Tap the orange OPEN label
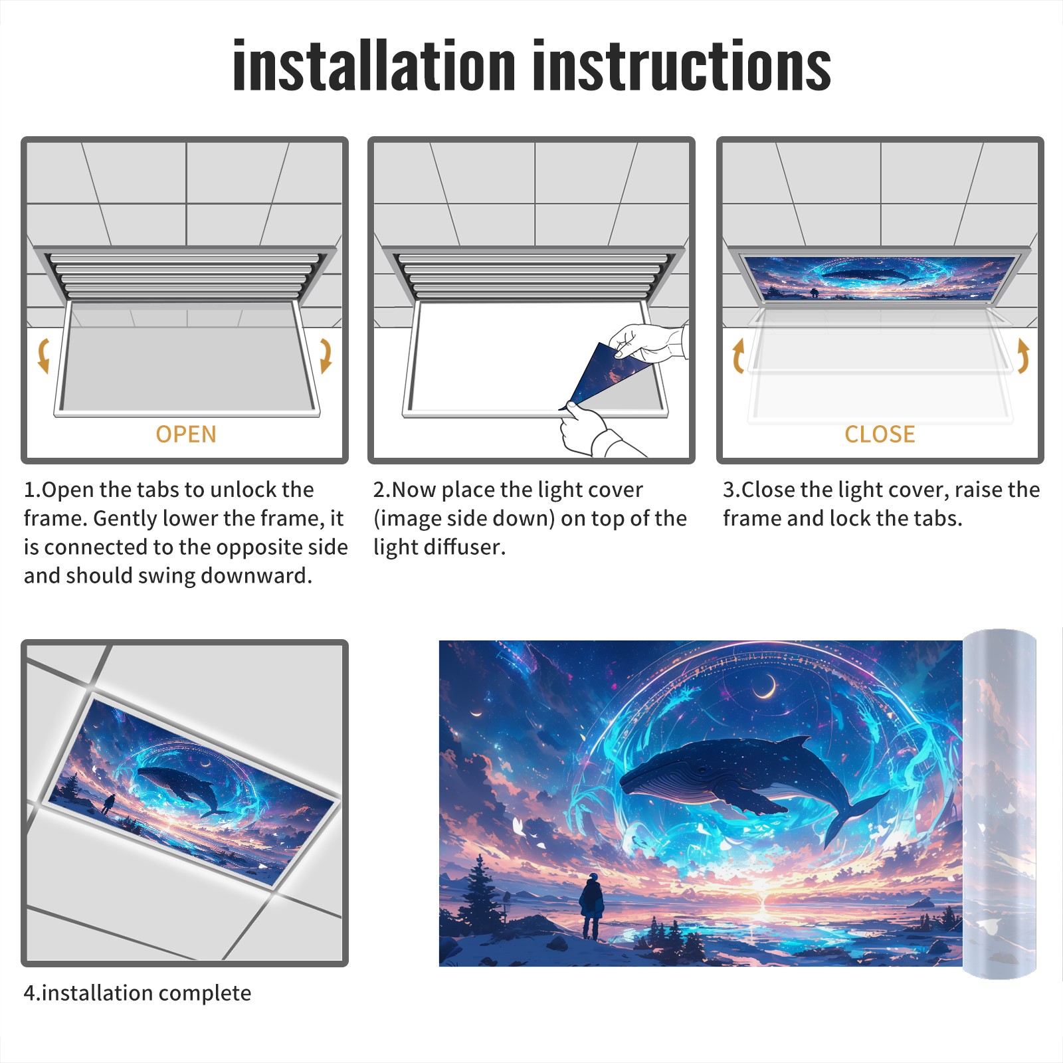point(186,435)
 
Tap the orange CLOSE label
point(880,435)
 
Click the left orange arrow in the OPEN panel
point(44,355)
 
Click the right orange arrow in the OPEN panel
point(326,355)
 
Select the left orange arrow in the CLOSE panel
point(738,355)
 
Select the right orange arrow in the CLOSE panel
point(1023,355)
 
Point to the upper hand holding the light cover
point(648,342)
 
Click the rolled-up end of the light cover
point(999,804)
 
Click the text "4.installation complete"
point(138,993)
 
